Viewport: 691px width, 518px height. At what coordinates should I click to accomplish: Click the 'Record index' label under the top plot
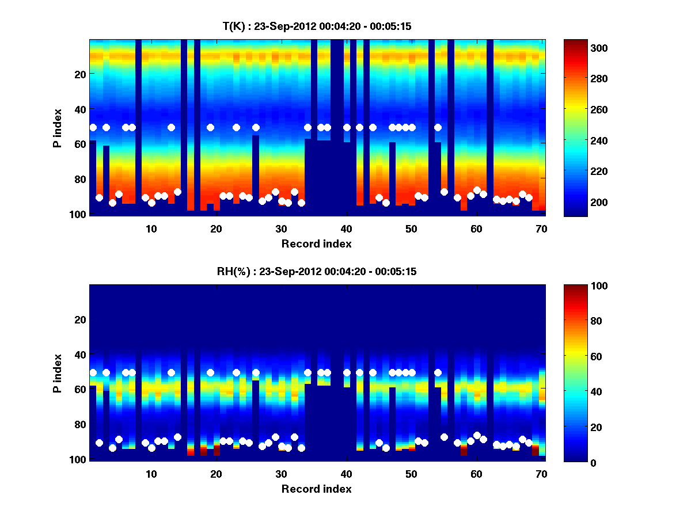tap(316, 243)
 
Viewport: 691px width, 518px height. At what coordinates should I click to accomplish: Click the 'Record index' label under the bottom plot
tap(316, 489)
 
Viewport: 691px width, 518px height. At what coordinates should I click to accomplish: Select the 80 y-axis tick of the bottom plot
tap(80, 424)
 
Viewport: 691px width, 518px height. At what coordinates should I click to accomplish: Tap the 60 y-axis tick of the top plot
tap(80, 144)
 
